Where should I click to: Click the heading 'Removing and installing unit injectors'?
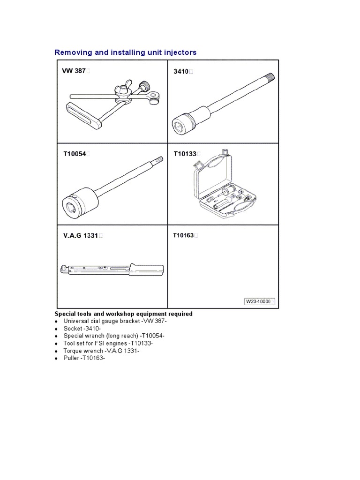pos(125,52)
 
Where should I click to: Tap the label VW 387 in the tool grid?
pos(74,71)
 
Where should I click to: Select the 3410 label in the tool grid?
pos(181,72)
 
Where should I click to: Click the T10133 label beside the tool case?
pos(185,154)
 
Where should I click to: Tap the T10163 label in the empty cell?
pos(183,235)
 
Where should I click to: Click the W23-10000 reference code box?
pos(258,302)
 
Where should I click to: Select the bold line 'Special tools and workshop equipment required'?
pos(124,314)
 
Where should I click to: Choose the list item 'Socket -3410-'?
pos(82,329)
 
